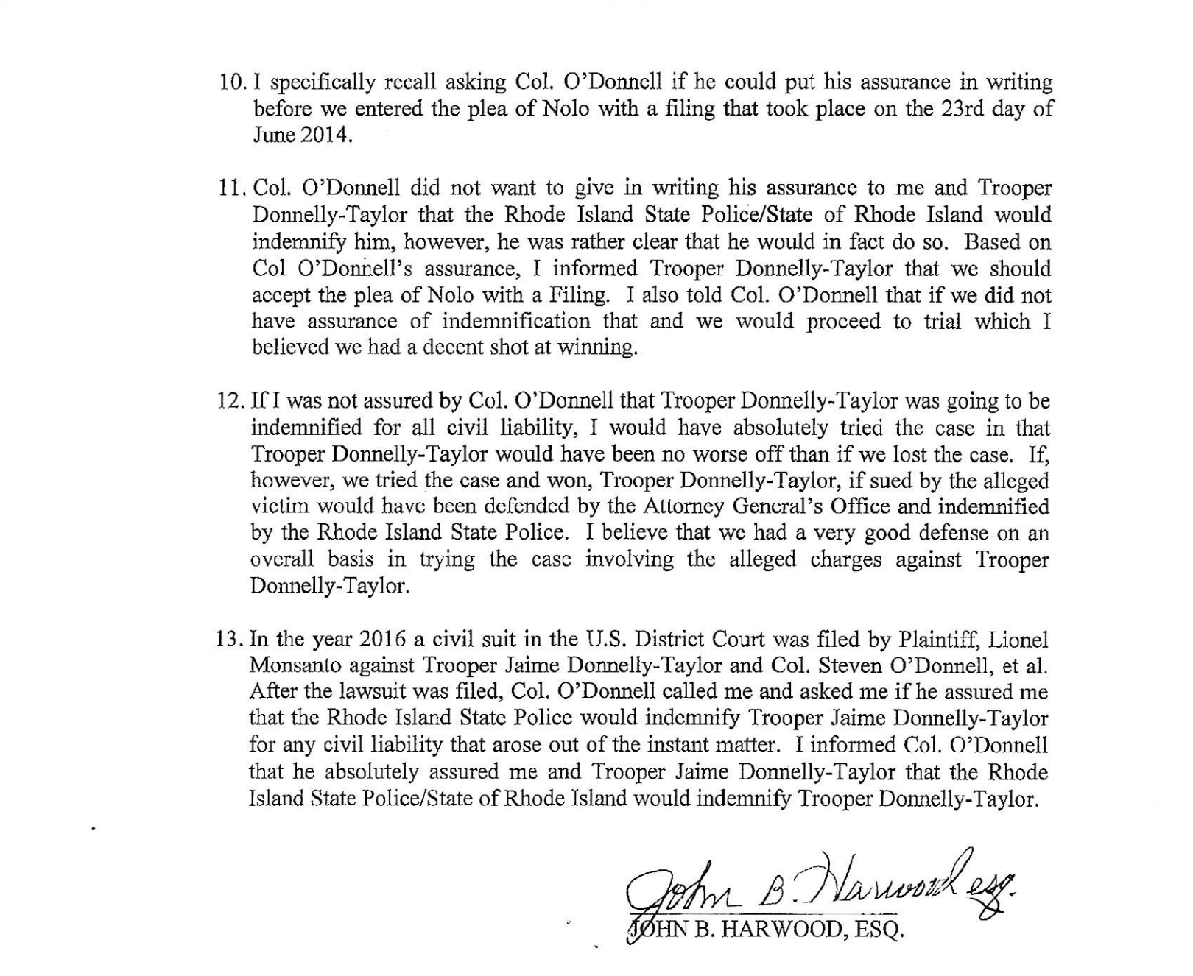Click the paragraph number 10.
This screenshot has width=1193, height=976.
click(233, 82)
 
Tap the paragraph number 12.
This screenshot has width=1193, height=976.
click(231, 401)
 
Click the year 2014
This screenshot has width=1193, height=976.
click(323, 136)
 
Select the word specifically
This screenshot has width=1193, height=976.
click(338, 82)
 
